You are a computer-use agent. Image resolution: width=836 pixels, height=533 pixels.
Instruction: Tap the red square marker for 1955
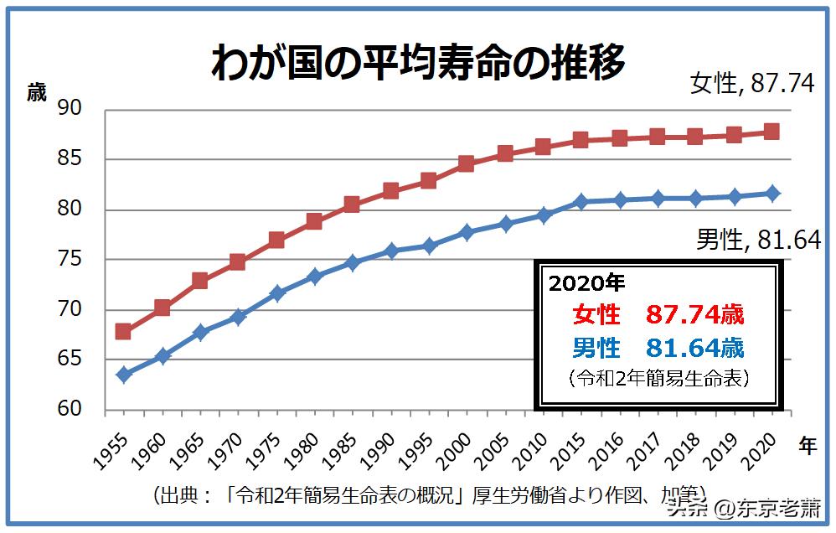[x=123, y=331]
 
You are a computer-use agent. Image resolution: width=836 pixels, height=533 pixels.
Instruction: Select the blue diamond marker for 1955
[x=123, y=375]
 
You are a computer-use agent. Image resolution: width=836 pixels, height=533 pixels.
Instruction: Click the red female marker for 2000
[x=466, y=163]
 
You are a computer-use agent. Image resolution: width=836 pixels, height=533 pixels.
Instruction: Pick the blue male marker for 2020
[x=772, y=194]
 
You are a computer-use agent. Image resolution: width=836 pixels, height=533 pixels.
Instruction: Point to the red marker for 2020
[x=772, y=132]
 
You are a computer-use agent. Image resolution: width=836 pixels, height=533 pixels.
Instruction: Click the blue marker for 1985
[x=352, y=262]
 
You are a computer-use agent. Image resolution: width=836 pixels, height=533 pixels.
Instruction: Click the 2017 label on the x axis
[x=647, y=453]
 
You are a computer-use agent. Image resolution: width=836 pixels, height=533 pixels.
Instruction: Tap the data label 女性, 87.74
[x=751, y=84]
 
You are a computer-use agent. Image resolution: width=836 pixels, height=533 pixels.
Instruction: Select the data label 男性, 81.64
[x=758, y=241]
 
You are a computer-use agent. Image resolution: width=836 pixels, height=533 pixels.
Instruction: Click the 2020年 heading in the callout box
[x=586, y=283]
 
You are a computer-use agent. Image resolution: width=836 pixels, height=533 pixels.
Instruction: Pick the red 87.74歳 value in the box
[x=694, y=315]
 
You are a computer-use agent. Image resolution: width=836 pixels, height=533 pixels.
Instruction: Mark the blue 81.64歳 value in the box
[x=694, y=347]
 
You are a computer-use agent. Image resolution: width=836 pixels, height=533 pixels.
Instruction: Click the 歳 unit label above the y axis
[x=37, y=91]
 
